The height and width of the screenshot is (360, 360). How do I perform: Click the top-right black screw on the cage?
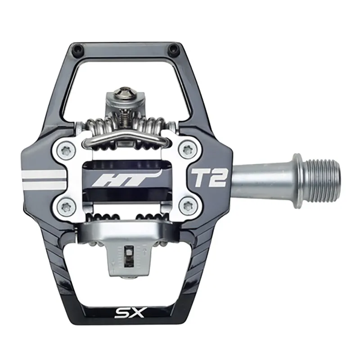(171, 48)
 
